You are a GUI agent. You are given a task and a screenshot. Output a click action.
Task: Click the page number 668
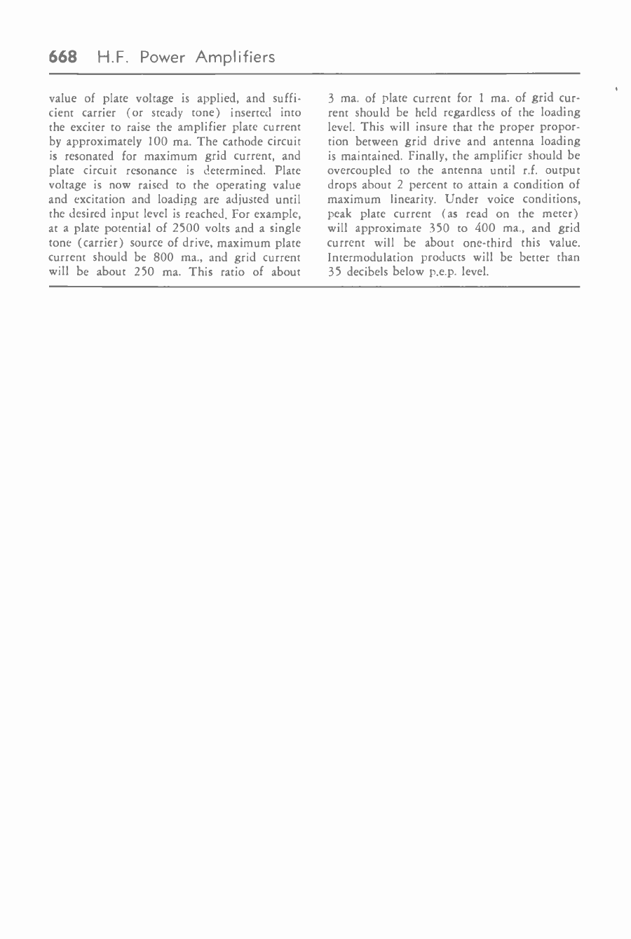[62, 57]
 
